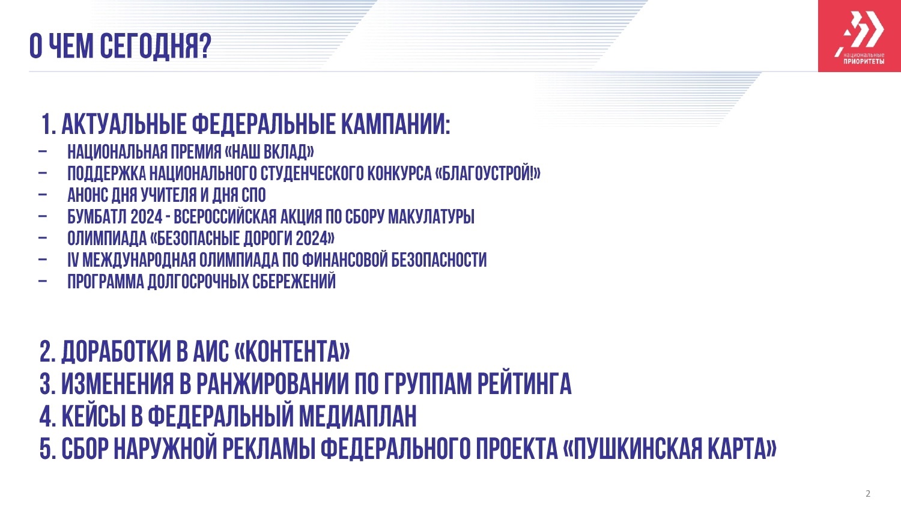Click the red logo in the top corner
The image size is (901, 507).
pyautogui.click(x=859, y=36)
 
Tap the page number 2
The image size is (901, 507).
pyautogui.click(x=867, y=494)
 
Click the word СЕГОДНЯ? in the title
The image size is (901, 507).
pyautogui.click(x=155, y=46)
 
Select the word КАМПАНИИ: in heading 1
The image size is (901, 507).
pyautogui.click(x=396, y=124)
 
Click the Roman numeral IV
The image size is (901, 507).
pyautogui.click(x=73, y=260)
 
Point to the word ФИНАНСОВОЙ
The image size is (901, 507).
pyautogui.click(x=345, y=260)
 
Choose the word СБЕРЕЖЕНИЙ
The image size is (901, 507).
pyautogui.click(x=294, y=281)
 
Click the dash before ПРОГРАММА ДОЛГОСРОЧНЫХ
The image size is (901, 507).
pyautogui.click(x=43, y=282)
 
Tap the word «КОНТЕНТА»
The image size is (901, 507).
pyautogui.click(x=292, y=351)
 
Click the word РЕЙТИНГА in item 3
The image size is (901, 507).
pyautogui.click(x=524, y=384)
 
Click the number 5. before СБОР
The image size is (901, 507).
pyautogui.click(x=47, y=448)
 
